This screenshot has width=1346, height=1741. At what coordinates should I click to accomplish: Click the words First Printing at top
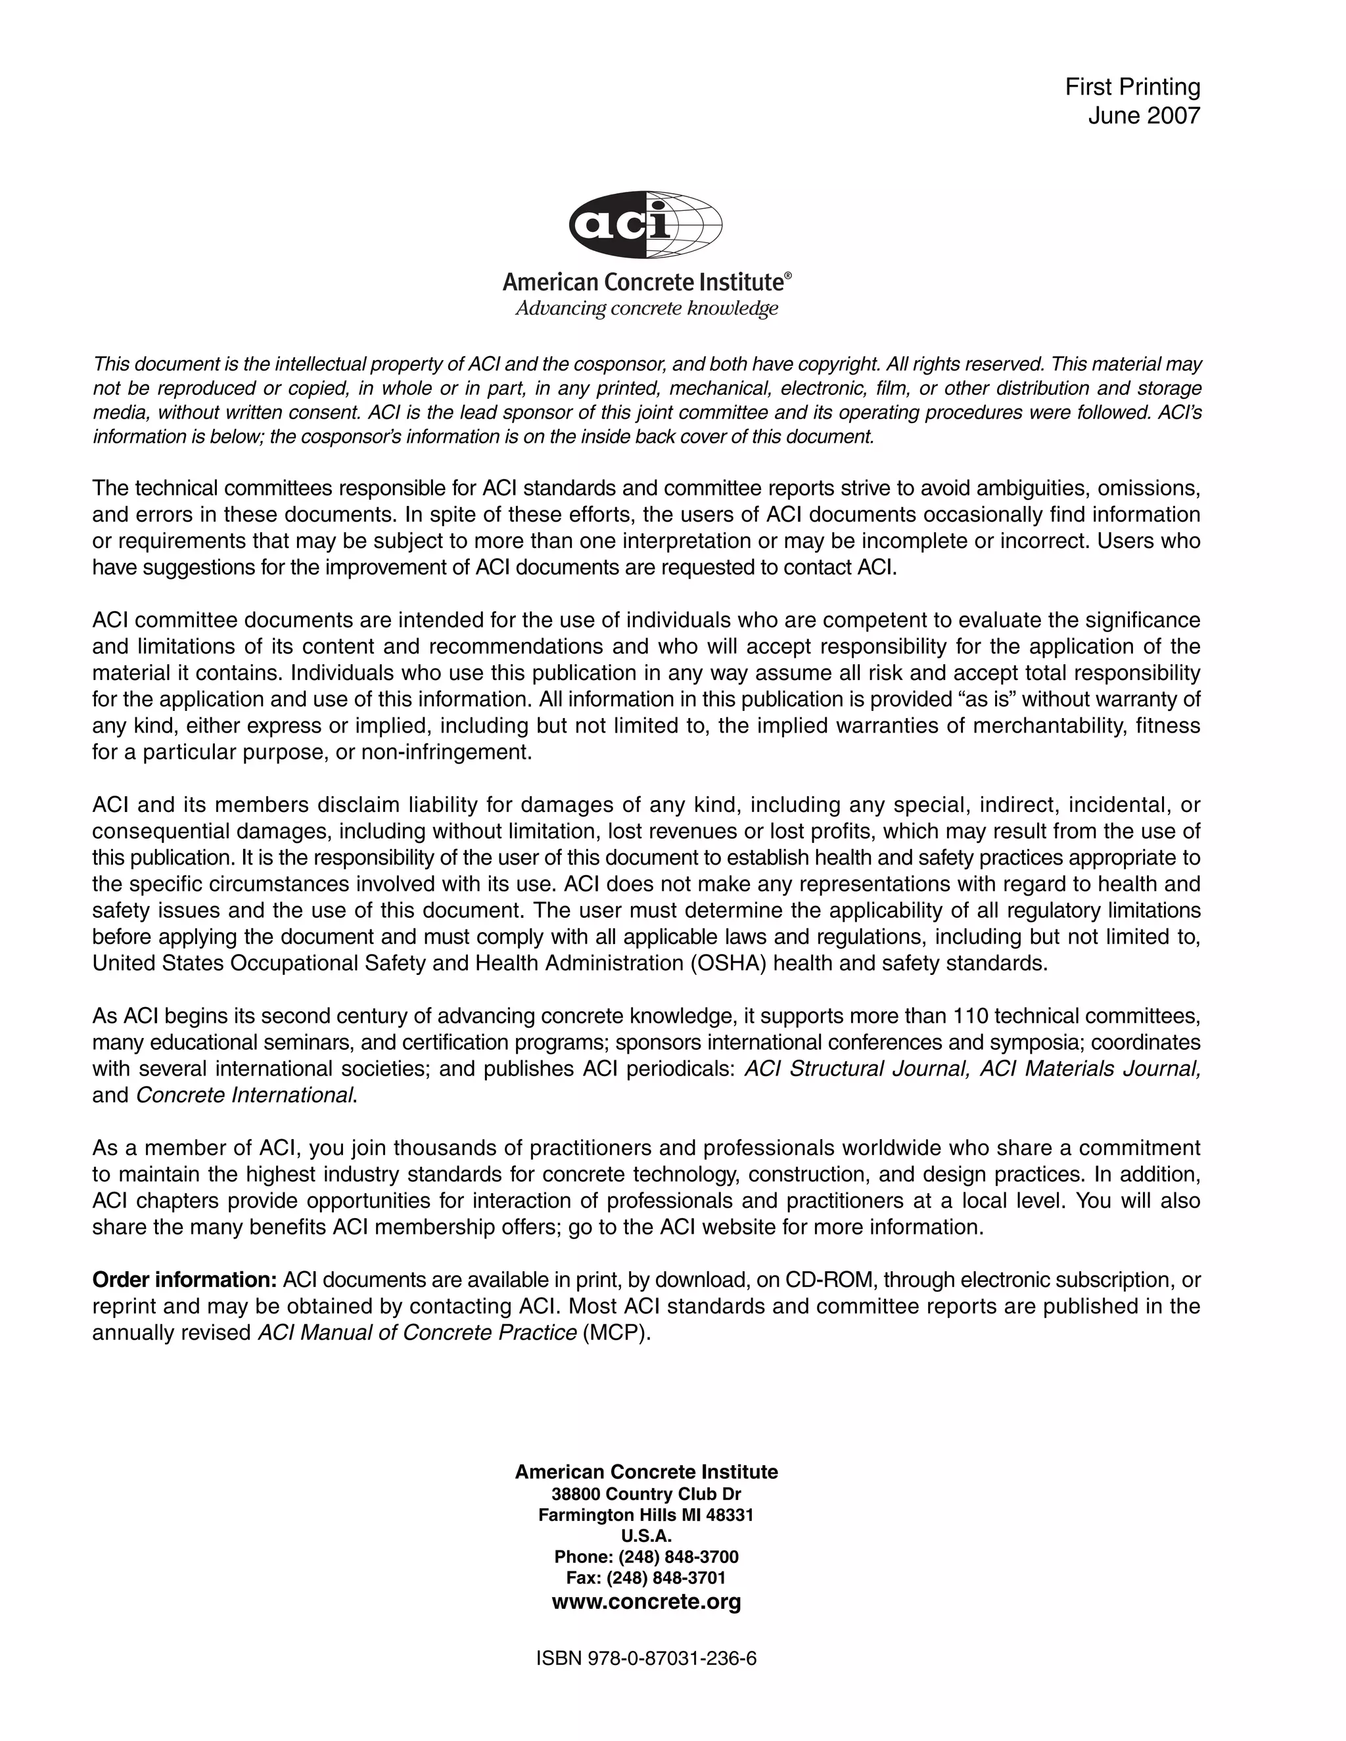pos(1132,87)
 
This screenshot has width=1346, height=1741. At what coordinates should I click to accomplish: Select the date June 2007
pos(1144,116)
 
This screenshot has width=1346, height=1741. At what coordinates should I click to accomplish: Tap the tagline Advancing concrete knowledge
pos(646,309)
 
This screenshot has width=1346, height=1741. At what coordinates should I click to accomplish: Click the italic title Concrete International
pos(244,1095)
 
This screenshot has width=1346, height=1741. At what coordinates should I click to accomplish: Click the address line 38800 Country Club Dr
pos(646,1494)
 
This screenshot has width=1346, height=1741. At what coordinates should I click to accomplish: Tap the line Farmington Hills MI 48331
pos(646,1514)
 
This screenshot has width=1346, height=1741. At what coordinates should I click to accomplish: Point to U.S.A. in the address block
pos(646,1535)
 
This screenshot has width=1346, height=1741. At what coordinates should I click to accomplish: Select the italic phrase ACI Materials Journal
pos(1090,1068)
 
